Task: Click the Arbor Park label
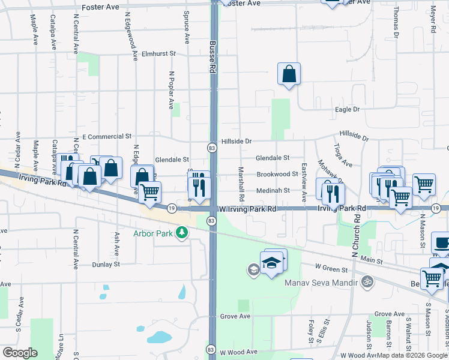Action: (152, 233)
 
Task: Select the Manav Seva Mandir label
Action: (321, 282)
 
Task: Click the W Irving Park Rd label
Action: (247, 208)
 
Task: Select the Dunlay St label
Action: (106, 264)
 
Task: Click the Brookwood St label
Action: (277, 174)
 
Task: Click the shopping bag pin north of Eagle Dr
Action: (289, 74)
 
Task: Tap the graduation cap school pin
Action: (272, 263)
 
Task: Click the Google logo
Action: (20, 353)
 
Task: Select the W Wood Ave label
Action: (238, 352)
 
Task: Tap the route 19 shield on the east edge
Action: (438, 208)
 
